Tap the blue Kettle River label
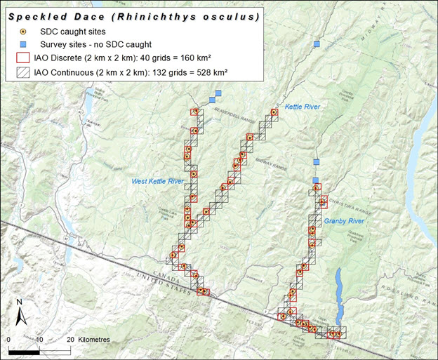pos(303,107)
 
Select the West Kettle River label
pos(157,181)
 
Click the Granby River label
pos(343,220)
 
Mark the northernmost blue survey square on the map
pos(317,44)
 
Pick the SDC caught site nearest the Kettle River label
pos(274,112)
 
